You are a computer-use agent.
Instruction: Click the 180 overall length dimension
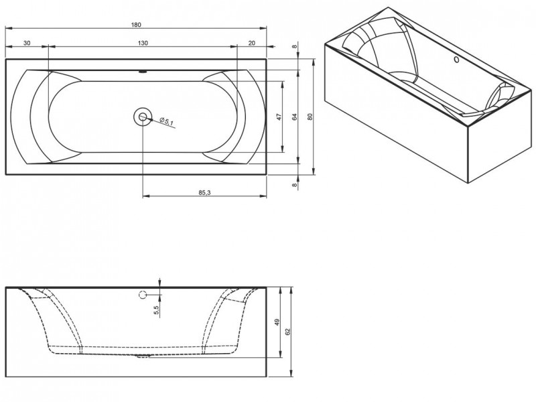coord(137,25)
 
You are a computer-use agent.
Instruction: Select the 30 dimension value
coord(26,42)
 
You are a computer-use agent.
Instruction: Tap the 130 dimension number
coord(143,42)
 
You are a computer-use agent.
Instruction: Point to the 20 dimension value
coord(251,42)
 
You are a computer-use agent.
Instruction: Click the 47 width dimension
coord(279,116)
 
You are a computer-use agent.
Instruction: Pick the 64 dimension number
coord(294,116)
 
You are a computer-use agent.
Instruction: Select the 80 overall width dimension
coord(310,116)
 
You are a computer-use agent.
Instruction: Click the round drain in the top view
coord(143,117)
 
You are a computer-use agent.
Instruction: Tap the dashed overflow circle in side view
coord(143,295)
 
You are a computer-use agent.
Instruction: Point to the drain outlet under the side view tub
coord(143,356)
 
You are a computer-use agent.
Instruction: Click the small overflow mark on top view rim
coord(143,70)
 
